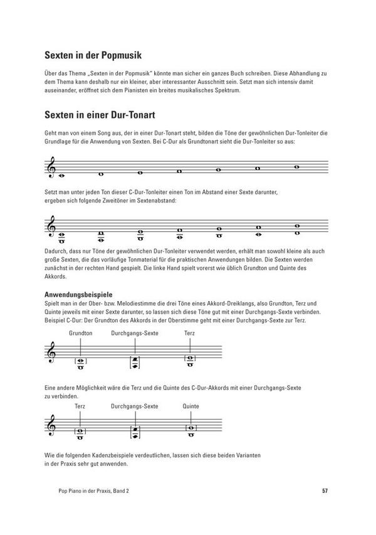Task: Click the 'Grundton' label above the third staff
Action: pos(81,332)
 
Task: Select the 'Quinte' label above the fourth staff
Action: pos(191,406)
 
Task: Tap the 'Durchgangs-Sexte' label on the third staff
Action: pos(135,332)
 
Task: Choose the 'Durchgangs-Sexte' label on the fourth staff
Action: pos(135,406)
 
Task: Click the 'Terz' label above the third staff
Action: pos(190,332)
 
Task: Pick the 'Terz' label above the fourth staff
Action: pos(80,406)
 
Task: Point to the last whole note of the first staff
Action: pos(297,167)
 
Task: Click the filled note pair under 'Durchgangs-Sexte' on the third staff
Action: pos(135,361)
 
